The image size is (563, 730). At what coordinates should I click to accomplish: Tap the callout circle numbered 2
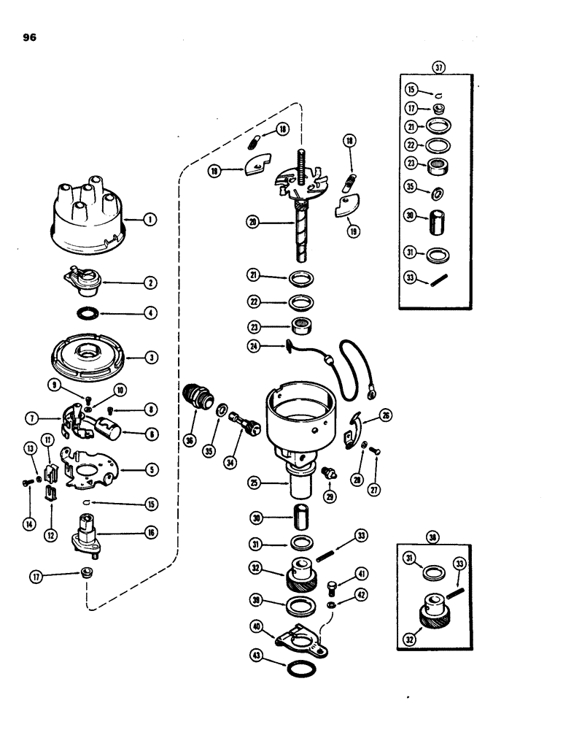(150, 282)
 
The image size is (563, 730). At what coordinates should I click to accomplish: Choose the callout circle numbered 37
(438, 67)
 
